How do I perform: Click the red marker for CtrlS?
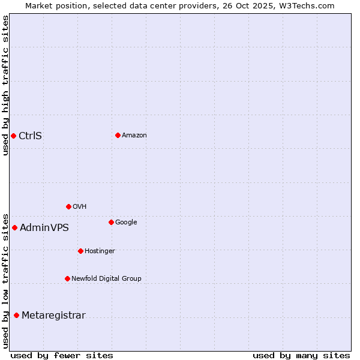(13, 136)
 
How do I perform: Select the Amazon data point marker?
(118, 135)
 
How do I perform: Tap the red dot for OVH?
(68, 206)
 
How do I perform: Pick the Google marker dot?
(111, 222)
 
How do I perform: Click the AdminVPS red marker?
(14, 227)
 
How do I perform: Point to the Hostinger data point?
(80, 251)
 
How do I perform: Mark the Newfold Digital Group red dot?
(67, 278)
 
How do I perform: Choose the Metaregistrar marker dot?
(16, 315)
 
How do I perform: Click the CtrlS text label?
(30, 136)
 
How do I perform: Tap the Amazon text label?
(134, 135)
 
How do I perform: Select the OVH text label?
(80, 206)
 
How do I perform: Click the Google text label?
(126, 222)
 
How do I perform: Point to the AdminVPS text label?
(44, 227)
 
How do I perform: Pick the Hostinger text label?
(100, 251)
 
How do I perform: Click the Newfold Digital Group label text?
(106, 278)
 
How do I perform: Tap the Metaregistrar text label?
(53, 315)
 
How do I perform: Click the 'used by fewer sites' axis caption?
(62, 355)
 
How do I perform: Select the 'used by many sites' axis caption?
(301, 355)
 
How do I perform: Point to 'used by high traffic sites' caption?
(5, 85)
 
